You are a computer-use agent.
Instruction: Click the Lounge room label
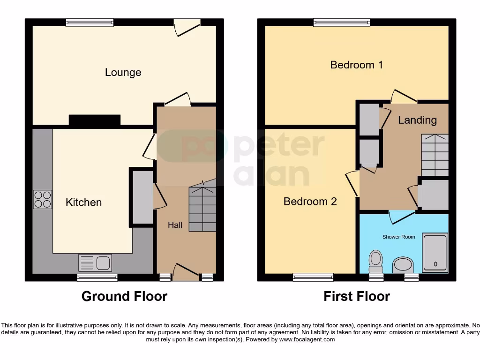point(123,73)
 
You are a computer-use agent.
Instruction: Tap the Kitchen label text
point(83,202)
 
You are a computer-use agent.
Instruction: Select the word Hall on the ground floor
point(175,225)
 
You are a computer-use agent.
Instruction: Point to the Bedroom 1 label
point(356,65)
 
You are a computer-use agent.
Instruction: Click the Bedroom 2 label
point(310,202)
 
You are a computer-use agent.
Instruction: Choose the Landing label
point(417,120)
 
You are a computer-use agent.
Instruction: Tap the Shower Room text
point(398,237)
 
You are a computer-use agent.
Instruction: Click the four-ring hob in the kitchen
point(43,199)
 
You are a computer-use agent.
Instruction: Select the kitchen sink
point(95,262)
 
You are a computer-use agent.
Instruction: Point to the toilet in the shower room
point(375,261)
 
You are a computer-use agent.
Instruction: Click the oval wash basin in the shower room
point(403,265)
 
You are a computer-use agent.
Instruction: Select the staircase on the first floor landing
point(435,155)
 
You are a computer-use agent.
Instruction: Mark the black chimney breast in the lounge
point(95,120)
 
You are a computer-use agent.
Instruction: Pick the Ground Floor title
point(124,296)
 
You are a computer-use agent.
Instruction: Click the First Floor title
point(357,296)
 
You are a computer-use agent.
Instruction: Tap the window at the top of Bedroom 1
point(342,22)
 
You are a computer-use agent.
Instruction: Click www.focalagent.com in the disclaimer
point(307,339)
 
